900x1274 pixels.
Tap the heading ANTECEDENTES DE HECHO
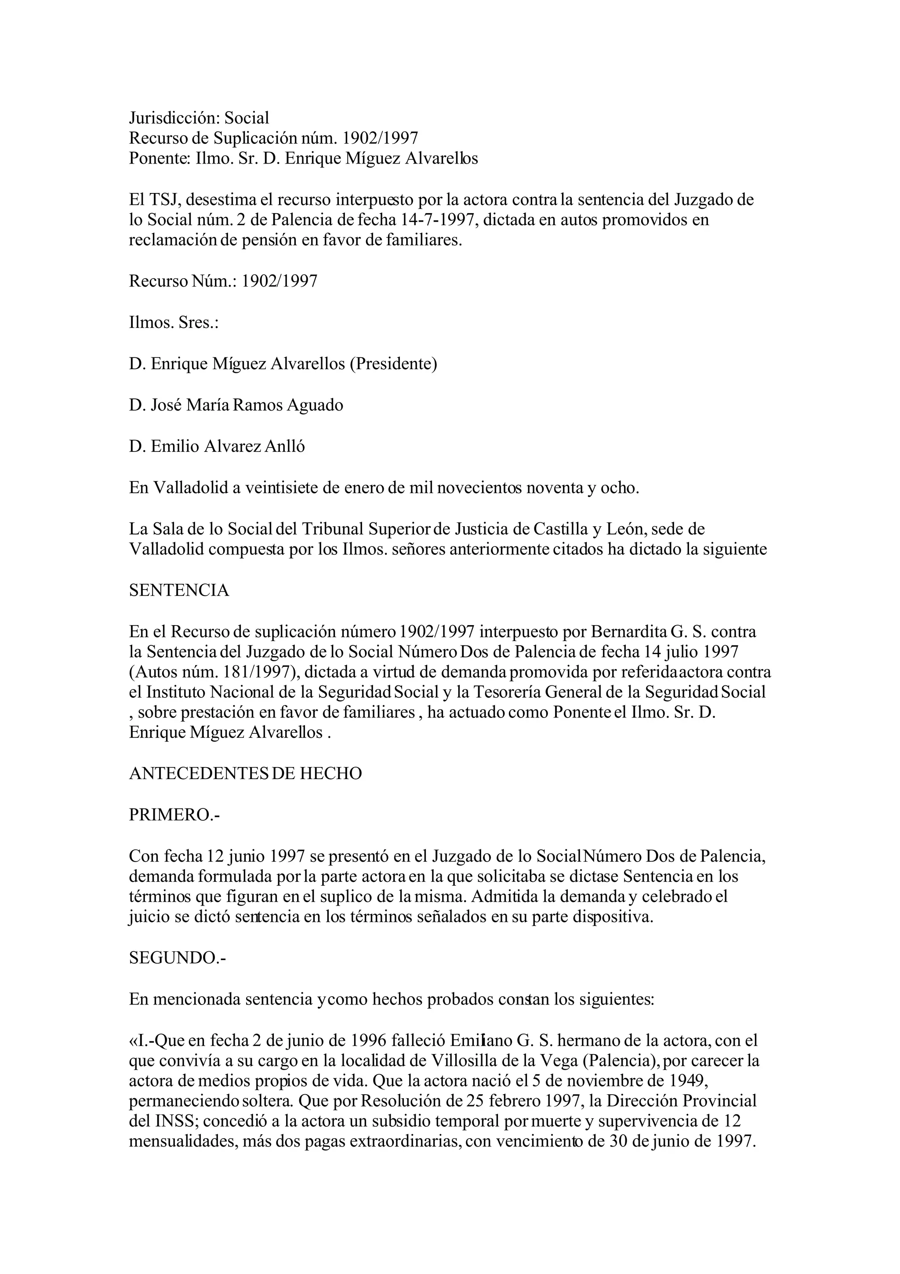tap(245, 774)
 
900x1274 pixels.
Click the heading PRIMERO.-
tap(174, 815)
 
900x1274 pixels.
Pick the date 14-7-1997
tap(439, 220)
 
